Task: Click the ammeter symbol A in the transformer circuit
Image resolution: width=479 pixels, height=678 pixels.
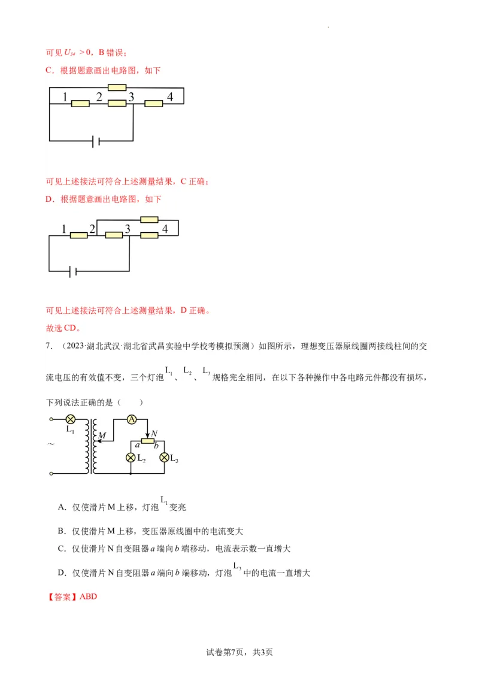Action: pos(132,420)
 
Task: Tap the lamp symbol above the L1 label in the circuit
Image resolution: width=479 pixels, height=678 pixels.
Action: pos(70,419)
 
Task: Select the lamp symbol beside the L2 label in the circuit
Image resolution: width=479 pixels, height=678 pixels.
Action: pos(131,458)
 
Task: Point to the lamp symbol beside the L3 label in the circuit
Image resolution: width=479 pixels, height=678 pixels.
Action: pos(163,458)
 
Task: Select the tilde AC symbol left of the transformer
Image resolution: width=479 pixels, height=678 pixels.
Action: pos(51,444)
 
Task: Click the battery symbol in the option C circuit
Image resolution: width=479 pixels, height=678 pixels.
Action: pos(95,141)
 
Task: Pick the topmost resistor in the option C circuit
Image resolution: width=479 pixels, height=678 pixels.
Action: pos(117,87)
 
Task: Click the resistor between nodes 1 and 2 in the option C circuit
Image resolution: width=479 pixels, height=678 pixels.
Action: pos(80,104)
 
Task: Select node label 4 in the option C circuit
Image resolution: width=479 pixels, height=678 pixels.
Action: pos(170,97)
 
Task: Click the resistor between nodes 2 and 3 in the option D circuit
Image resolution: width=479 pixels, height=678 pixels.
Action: pos(114,235)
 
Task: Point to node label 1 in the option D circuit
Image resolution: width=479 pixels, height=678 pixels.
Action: pos(64,229)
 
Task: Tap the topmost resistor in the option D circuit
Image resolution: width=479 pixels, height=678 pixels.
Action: pos(149,220)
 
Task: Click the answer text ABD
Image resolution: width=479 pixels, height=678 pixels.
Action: pos(88,597)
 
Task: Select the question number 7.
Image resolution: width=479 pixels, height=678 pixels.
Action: pos(47,346)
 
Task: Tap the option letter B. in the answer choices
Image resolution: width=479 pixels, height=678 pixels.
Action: pos(62,531)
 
